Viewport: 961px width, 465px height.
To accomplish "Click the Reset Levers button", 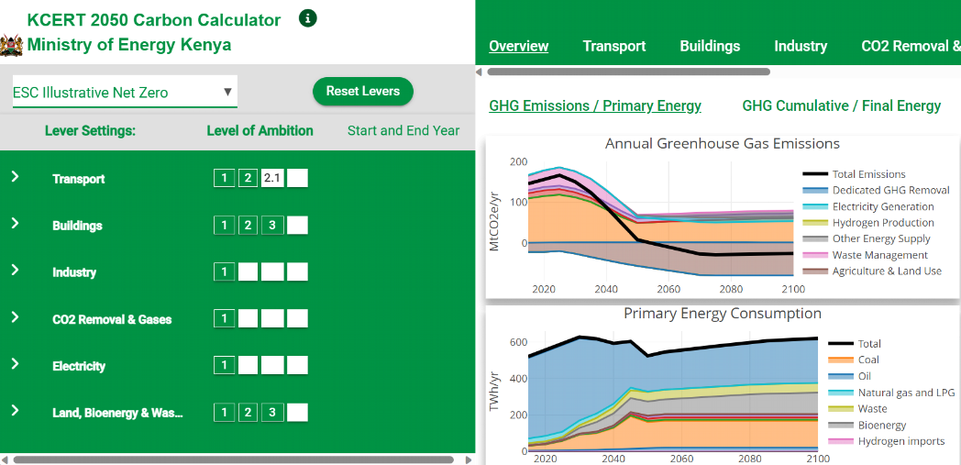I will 362,92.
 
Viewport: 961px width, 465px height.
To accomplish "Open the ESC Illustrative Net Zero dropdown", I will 124,93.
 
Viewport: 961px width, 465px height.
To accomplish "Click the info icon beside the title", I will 308,18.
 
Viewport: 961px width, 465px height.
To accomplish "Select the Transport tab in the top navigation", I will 614,46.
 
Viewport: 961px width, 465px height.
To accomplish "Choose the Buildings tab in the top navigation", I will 710,46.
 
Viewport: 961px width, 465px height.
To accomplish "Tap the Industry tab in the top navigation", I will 801,46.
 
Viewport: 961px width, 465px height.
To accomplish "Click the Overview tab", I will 519,46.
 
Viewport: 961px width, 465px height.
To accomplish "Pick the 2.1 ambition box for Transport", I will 272,178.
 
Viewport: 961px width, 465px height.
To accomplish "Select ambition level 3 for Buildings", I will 272,226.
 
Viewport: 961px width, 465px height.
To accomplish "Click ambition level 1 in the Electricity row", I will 224,366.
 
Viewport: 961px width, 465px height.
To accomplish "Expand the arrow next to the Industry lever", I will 15,271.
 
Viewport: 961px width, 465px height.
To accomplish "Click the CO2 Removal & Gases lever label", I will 112,319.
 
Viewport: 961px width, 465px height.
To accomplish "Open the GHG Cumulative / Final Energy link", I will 842,105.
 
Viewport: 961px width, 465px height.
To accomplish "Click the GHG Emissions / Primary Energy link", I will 595,105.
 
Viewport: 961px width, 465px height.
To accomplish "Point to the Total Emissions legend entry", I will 868,174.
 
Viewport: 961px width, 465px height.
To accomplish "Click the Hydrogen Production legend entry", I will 883,223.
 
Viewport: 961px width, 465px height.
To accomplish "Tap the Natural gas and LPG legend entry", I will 906,393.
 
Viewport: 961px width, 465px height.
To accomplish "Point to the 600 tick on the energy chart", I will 518,343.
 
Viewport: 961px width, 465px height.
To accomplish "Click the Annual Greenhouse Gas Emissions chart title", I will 723,144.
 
